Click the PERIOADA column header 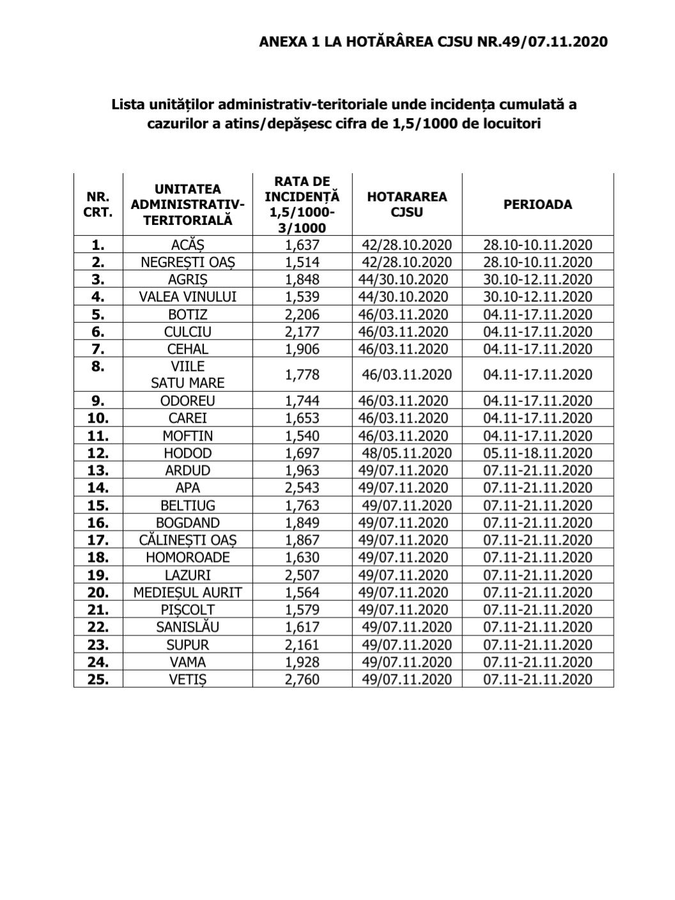pos(537,205)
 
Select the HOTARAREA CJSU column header pos(407,205)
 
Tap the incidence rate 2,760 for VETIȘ pos(302,679)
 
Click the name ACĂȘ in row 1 pos(188,245)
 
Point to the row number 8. pos(98,367)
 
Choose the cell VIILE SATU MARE pos(188,375)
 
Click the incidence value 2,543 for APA pos(302,488)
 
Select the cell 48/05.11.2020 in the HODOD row pos(407,453)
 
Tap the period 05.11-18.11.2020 pos(538,453)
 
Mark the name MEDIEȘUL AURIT pos(188,593)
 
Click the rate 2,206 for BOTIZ pos(302,314)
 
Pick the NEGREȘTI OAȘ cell pos(188,262)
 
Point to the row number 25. pos(98,679)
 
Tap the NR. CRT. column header pos(98,205)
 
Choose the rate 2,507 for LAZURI pos(302,575)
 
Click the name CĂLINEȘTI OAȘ pos(188,540)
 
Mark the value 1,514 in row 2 pos(302,262)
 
